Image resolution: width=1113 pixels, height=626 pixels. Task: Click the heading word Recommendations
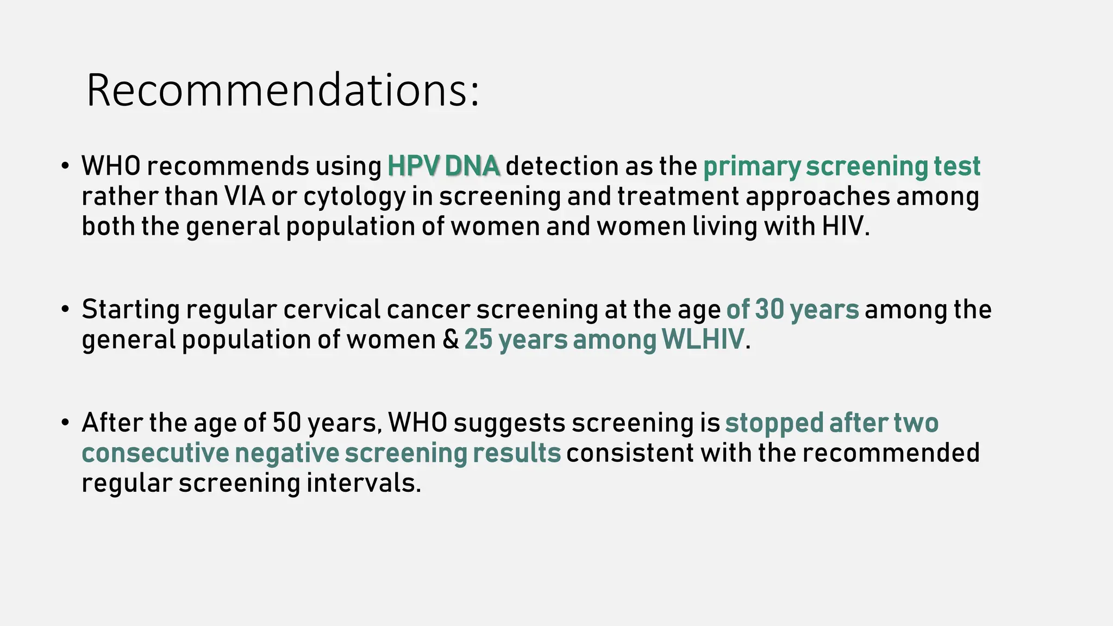click(x=283, y=90)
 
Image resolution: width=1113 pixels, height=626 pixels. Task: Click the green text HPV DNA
click(x=443, y=166)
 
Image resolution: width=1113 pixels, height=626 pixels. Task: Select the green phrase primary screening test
click(x=841, y=166)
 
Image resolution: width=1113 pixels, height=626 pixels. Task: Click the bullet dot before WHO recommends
click(x=65, y=166)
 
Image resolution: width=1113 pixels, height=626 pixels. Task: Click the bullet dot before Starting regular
click(x=65, y=309)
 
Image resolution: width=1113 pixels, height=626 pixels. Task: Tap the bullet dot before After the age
click(x=65, y=422)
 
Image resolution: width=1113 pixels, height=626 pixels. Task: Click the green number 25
click(x=478, y=340)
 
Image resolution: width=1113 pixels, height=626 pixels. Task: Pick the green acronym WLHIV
click(x=703, y=340)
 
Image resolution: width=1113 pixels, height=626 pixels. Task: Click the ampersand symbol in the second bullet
click(x=451, y=340)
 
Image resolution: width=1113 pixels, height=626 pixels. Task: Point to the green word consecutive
click(x=155, y=453)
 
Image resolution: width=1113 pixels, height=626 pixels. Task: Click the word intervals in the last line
click(x=363, y=483)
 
